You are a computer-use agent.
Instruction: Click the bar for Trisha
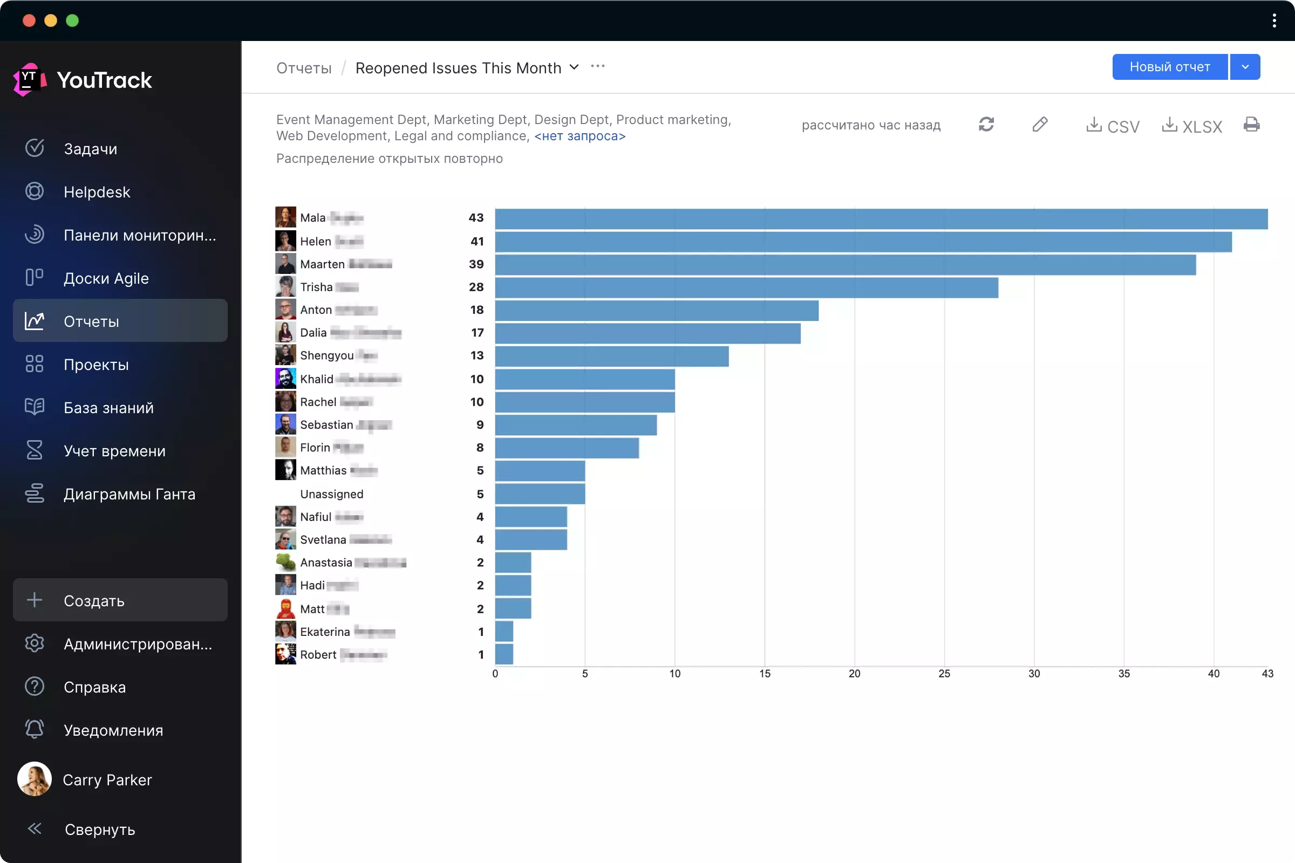pos(746,287)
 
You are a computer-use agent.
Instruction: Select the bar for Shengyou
pos(611,356)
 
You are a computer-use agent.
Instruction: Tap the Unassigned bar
pos(540,494)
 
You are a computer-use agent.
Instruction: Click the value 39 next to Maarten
pos(476,264)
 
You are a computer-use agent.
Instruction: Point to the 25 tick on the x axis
pos(944,674)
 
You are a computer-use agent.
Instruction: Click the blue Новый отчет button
pos(1169,67)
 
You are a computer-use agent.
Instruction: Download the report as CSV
pos(1113,126)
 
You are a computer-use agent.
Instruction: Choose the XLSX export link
pos(1192,126)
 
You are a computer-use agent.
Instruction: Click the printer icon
pos(1251,125)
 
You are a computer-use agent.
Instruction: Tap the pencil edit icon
pos(1040,125)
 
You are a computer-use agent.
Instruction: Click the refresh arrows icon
pos(986,125)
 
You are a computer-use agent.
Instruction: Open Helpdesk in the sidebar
pos(97,192)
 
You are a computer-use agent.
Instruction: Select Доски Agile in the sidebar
pos(106,278)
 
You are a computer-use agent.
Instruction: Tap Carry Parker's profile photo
pos(35,779)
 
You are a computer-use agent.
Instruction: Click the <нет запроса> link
pos(580,136)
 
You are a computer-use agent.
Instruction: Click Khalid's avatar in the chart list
pos(285,379)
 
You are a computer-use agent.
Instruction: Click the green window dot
pos(72,21)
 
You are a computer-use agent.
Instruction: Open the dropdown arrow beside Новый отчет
pos(1245,67)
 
